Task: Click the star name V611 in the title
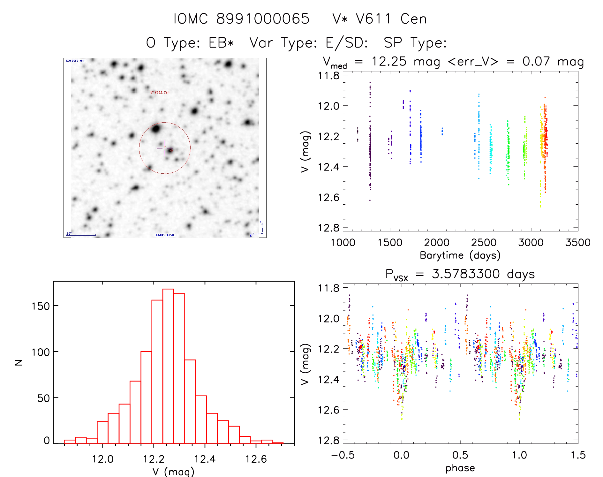tap(373, 19)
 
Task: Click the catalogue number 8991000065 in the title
tap(263, 19)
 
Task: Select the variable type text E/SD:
tap(347, 43)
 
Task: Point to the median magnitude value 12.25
tap(389, 61)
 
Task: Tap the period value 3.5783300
tap(466, 274)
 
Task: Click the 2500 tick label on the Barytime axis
tap(484, 242)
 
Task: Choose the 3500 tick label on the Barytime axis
tap(578, 242)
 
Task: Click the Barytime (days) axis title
tap(460, 255)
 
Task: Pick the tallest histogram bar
tap(168, 366)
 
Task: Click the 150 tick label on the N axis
tap(41, 306)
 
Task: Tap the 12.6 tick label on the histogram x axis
tap(256, 459)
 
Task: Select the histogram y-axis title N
tap(19, 362)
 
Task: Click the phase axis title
tap(460, 468)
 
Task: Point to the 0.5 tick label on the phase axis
tap(460, 455)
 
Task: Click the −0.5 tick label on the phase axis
tap(343, 455)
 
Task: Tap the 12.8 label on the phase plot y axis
tap(328, 440)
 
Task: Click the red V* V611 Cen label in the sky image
tap(160, 92)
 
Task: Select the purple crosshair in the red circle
tap(165, 148)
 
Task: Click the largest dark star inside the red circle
tap(156, 129)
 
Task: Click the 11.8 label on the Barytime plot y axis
tap(328, 75)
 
